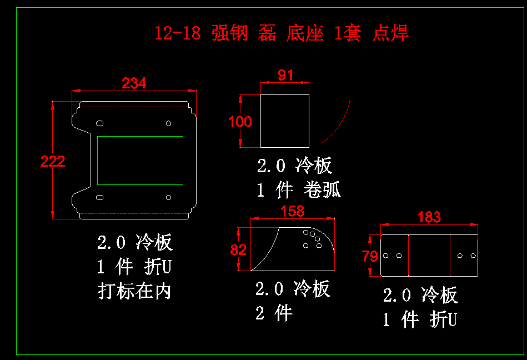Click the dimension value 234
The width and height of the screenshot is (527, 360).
(134, 83)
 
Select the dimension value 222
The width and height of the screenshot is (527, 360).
(53, 161)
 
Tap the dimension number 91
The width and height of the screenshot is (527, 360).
(285, 75)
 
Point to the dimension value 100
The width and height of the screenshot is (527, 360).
(240, 122)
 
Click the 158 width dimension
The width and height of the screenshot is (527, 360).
(293, 211)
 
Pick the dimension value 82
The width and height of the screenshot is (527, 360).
(238, 250)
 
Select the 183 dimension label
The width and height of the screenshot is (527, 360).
(429, 217)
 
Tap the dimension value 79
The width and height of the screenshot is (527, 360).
(370, 257)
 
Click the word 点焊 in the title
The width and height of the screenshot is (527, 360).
(390, 33)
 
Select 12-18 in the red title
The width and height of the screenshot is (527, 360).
(178, 33)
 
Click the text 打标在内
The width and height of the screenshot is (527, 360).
(134, 291)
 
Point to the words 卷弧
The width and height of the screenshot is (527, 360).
(322, 189)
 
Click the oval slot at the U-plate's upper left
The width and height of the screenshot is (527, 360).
(100, 123)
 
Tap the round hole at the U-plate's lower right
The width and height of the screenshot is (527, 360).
(168, 197)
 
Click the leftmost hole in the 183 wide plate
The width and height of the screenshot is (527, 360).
(386, 256)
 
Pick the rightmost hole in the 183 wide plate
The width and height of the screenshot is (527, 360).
(473, 256)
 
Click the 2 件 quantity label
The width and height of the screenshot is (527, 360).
(274, 313)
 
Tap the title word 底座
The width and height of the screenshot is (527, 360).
(305, 33)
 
